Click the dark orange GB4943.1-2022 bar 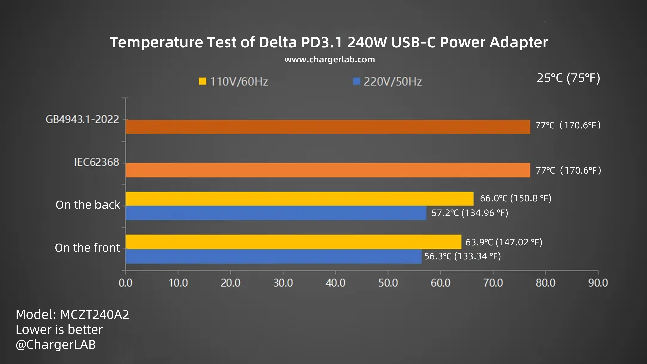[328, 127]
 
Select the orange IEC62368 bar [328, 170]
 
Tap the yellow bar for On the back [299, 199]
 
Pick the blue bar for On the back [276, 213]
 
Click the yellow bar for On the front [293, 242]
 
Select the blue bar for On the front [273, 256]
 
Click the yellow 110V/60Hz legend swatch [202, 81]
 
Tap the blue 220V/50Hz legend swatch [356, 81]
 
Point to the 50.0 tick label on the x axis [388, 283]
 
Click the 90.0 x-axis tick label [598, 283]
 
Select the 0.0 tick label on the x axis [125, 283]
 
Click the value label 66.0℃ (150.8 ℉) [515, 198]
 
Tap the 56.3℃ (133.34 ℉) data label [462, 256]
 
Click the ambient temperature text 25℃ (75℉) [568, 78]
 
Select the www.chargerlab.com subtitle [330, 59]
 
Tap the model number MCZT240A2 [95, 314]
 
